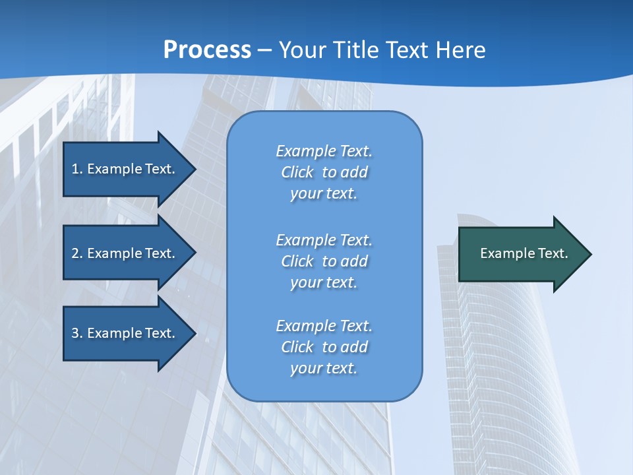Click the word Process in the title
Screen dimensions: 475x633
click(207, 50)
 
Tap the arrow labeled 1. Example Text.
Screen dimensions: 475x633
click(125, 169)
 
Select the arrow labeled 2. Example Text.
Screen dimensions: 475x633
click(125, 253)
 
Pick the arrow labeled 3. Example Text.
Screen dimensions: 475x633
click(125, 333)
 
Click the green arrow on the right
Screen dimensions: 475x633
click(521, 253)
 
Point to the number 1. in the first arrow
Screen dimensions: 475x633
click(76, 169)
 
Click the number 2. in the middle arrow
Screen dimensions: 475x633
click(76, 253)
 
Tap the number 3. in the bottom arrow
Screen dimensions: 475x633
click(76, 333)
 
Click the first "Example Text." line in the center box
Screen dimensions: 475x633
click(324, 151)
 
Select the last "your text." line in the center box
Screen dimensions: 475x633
click(324, 368)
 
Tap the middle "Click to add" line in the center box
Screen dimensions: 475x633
click(324, 261)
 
